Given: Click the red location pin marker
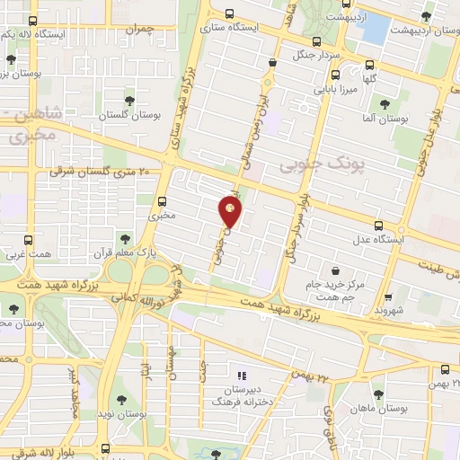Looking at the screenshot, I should click(230, 212).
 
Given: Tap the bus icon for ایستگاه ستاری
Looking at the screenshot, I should click(230, 13).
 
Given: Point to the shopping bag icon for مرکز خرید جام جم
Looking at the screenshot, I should click(336, 270).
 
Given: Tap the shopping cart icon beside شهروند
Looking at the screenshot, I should click(387, 297).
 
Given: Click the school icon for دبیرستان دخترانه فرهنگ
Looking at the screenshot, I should click(240, 376).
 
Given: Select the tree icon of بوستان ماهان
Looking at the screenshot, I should click(378, 393).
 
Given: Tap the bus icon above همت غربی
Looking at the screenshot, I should click(29, 241).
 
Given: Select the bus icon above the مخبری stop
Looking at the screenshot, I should click(162, 201).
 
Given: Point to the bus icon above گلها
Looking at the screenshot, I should click(370, 64).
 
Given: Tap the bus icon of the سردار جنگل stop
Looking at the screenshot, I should click(315, 40).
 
